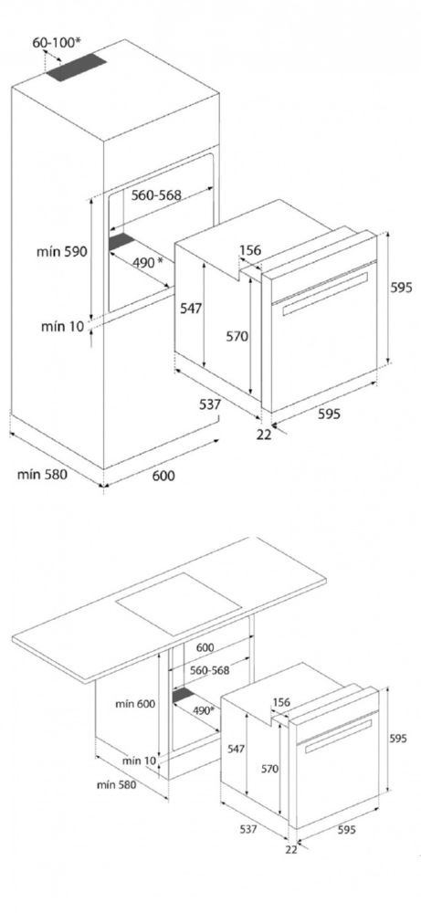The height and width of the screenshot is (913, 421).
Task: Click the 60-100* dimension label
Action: [56, 42]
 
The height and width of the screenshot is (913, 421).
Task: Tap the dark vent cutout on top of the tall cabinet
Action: [77, 68]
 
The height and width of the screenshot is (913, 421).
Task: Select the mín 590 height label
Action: [62, 252]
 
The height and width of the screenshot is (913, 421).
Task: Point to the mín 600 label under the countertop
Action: [134, 703]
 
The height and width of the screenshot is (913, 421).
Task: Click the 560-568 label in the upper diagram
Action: [156, 195]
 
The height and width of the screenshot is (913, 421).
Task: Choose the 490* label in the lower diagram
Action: [204, 710]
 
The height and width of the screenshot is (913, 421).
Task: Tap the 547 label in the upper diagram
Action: [191, 308]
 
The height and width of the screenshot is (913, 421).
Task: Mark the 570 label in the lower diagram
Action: [269, 769]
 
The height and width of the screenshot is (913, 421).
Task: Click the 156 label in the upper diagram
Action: [250, 251]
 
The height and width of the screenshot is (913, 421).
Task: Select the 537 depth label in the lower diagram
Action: [247, 829]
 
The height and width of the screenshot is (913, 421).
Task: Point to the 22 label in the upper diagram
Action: [264, 435]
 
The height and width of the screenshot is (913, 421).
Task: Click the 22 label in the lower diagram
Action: [291, 849]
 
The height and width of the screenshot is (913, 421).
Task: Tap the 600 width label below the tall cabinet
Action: [163, 476]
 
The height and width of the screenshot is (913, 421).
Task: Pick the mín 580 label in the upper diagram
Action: [42, 475]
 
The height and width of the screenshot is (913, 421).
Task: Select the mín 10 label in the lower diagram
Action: [140, 761]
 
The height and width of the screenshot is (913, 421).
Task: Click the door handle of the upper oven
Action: [327, 293]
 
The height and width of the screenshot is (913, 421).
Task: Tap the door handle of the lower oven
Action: [338, 736]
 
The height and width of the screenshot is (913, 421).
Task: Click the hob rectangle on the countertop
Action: [179, 603]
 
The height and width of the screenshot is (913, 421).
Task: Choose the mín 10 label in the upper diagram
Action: [63, 326]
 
